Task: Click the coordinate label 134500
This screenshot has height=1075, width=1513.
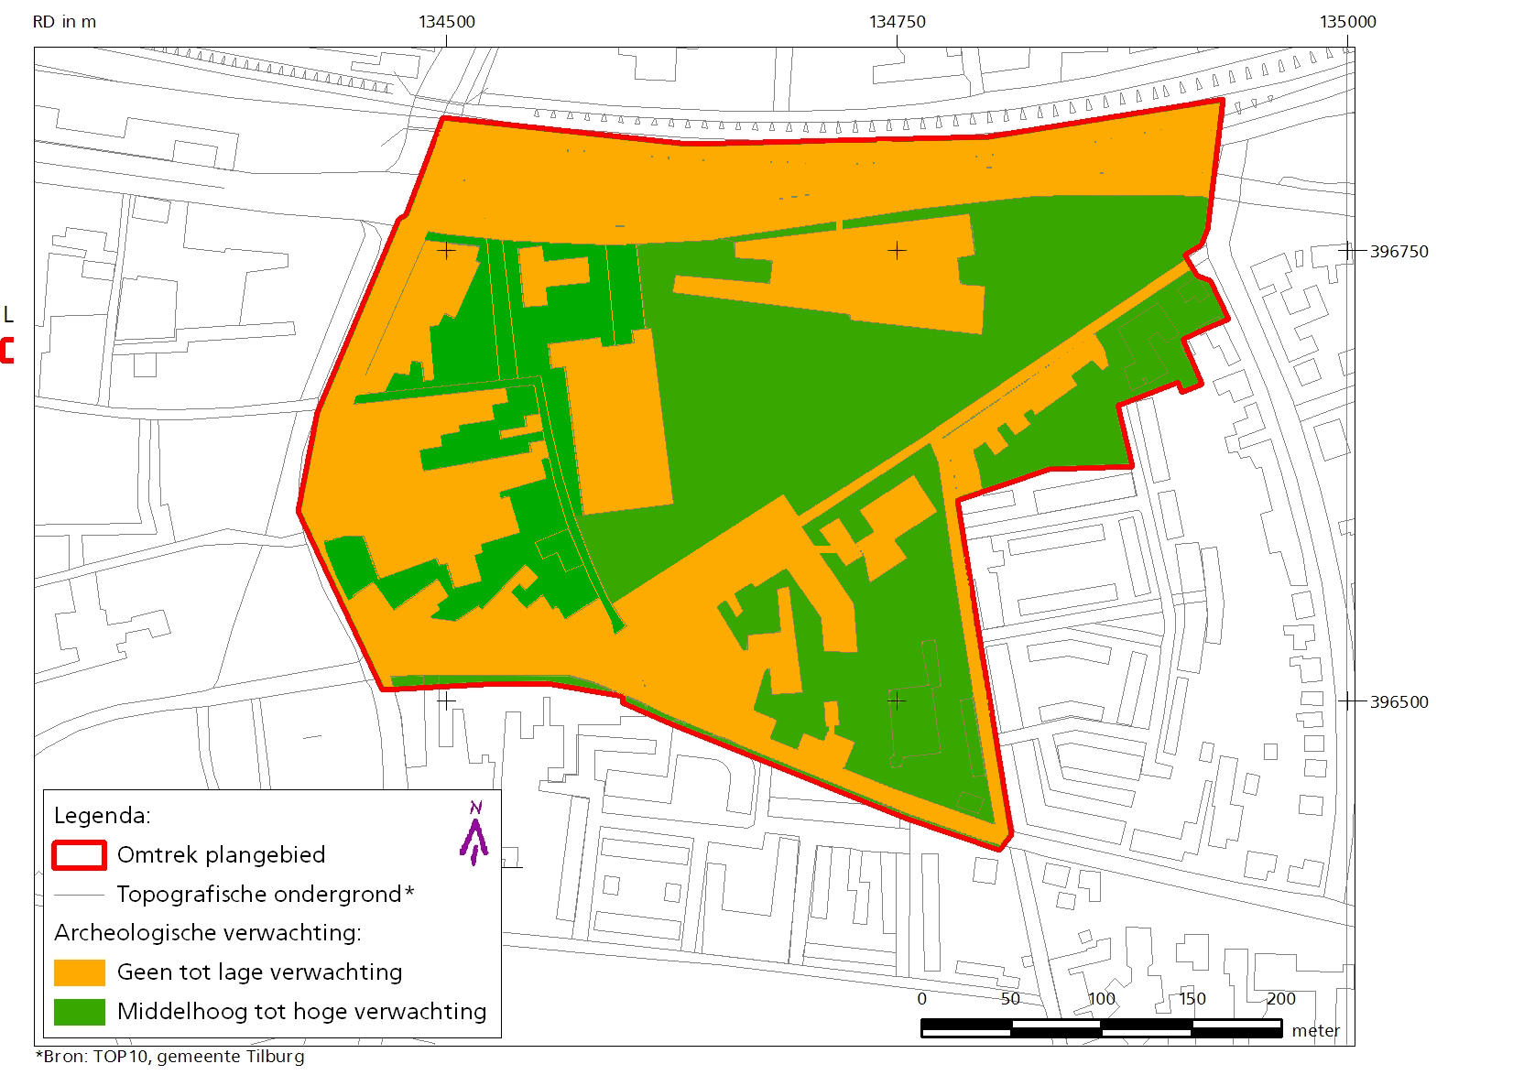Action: pyautogui.click(x=447, y=22)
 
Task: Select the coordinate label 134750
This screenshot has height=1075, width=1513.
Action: pyautogui.click(x=897, y=22)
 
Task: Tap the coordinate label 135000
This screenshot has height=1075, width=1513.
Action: pyautogui.click(x=1347, y=22)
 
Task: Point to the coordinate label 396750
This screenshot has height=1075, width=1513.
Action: pyautogui.click(x=1399, y=252)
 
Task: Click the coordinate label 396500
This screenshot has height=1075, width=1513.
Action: pyautogui.click(x=1399, y=702)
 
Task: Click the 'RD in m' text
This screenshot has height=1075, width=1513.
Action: pyautogui.click(x=64, y=22)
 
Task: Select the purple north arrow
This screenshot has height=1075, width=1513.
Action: pyautogui.click(x=474, y=834)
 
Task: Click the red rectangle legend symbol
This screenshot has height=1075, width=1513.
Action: pyautogui.click(x=79, y=855)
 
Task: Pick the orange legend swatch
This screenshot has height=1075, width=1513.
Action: pyautogui.click(x=79, y=972)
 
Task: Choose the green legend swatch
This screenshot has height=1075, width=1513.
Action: pyautogui.click(x=79, y=1012)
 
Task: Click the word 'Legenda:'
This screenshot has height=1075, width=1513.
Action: pyautogui.click(x=103, y=816)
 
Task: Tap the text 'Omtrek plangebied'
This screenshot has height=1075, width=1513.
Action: pyautogui.click(x=221, y=855)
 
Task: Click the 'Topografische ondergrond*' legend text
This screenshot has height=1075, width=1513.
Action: pyautogui.click(x=265, y=895)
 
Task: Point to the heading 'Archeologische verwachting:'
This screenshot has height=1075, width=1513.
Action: pyautogui.click(x=208, y=933)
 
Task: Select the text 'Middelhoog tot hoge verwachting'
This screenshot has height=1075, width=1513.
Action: pyautogui.click(x=301, y=1012)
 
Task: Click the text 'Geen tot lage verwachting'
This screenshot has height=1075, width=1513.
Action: pyautogui.click(x=259, y=972)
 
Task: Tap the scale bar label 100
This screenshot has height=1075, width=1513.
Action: pyautogui.click(x=1101, y=999)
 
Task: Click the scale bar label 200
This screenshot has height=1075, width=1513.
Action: pyautogui.click(x=1280, y=999)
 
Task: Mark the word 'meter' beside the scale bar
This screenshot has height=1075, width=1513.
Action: pyautogui.click(x=1315, y=1031)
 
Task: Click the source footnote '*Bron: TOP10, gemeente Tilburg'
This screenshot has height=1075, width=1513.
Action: pyautogui.click(x=170, y=1057)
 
